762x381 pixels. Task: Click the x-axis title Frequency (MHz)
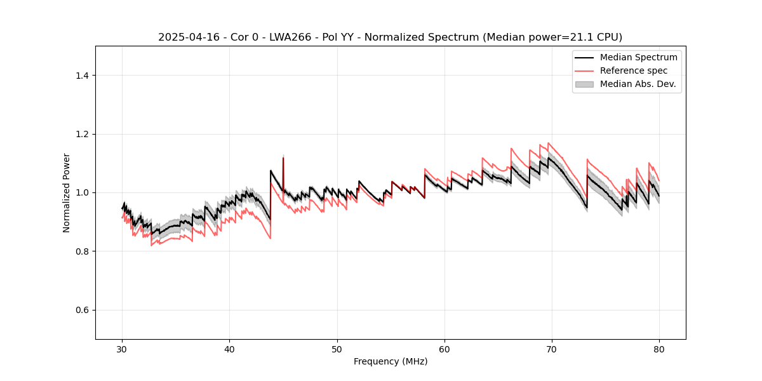391,361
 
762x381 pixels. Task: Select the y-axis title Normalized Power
67,192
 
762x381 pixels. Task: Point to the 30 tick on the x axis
123,349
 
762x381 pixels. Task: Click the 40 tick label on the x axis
230,349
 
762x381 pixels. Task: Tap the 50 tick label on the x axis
337,349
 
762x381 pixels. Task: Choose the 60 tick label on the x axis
444,349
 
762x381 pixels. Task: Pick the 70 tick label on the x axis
552,349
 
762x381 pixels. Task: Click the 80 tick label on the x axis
659,349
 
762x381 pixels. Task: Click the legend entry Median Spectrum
638,57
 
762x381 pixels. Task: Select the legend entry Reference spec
633,70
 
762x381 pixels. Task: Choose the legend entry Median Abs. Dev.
638,84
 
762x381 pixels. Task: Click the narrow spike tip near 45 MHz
283,158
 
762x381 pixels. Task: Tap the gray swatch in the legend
584,84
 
